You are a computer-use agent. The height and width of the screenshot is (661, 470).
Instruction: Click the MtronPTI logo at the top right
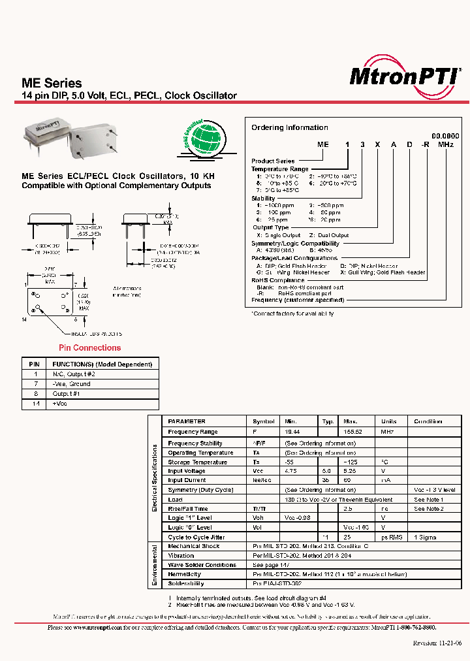click(x=405, y=77)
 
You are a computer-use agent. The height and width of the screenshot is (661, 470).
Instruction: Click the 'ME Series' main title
click(x=52, y=84)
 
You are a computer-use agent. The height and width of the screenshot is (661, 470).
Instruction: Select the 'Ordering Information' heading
click(x=290, y=128)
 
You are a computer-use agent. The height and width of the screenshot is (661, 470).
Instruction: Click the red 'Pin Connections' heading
click(x=90, y=348)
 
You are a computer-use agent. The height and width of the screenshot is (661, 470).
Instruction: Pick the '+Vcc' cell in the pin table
click(x=60, y=404)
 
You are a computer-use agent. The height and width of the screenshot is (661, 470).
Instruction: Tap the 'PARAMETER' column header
click(x=187, y=421)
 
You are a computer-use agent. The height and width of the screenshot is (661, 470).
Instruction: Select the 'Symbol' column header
click(x=263, y=421)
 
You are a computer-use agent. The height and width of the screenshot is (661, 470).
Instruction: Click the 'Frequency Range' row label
click(x=193, y=432)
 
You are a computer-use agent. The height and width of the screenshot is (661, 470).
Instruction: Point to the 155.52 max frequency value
click(x=352, y=432)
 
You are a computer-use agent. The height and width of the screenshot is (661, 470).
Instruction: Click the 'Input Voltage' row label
click(x=187, y=471)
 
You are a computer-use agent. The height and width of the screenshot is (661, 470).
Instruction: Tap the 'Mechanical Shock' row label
click(x=194, y=546)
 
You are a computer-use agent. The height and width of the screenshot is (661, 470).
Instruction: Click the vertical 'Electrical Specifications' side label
click(x=155, y=478)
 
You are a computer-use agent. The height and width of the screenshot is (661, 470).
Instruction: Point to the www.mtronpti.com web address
click(x=97, y=627)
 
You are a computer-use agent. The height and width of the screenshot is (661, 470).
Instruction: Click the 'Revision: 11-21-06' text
click(x=437, y=643)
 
